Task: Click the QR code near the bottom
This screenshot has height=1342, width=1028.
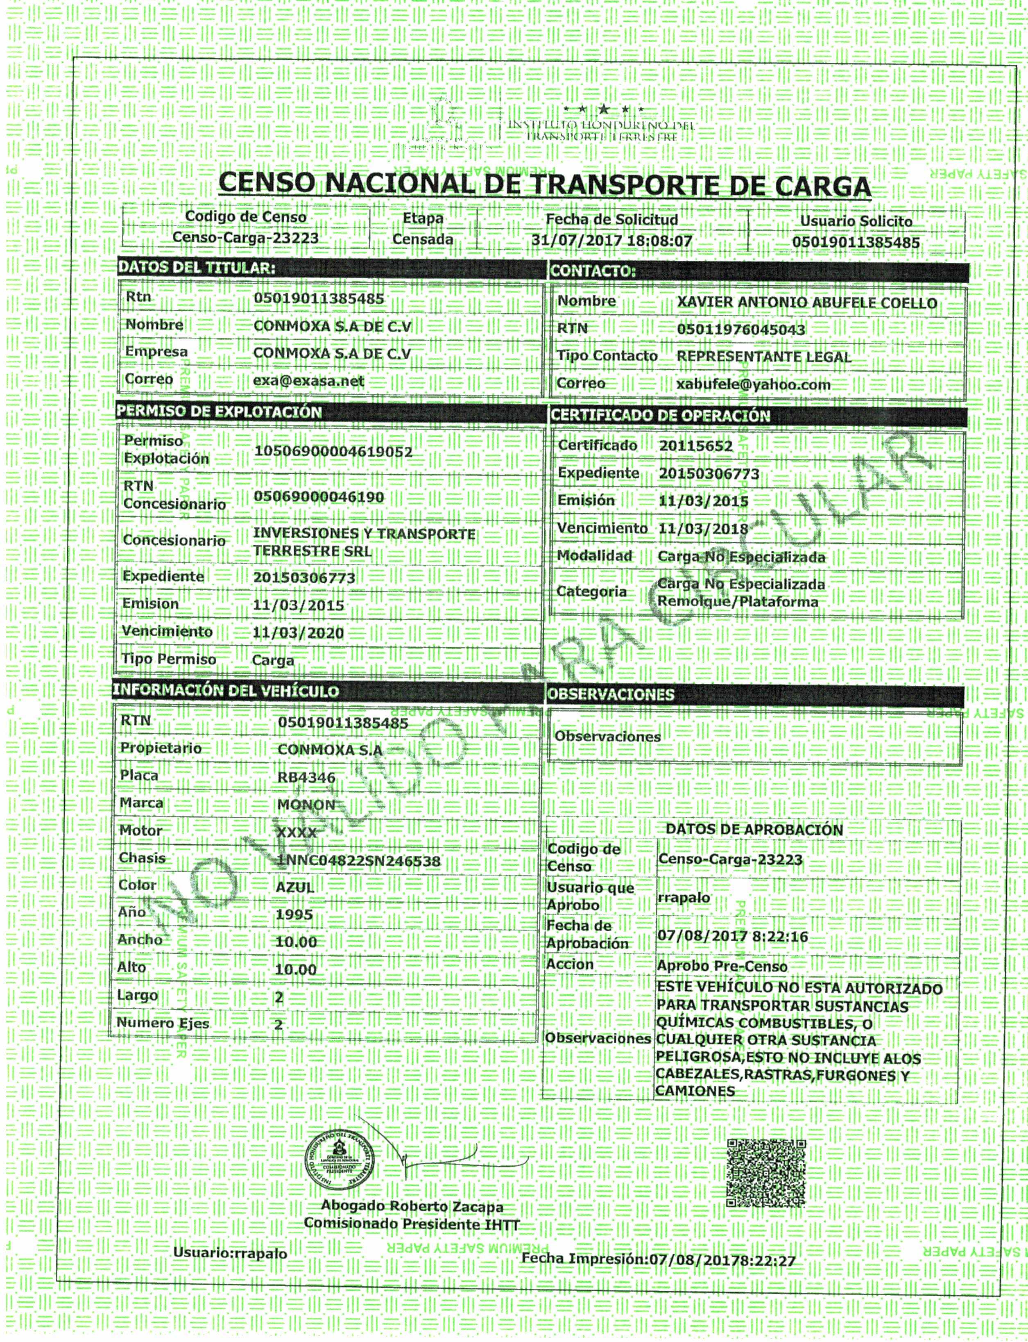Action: pos(765,1172)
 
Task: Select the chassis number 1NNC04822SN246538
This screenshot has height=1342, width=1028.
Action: pos(359,861)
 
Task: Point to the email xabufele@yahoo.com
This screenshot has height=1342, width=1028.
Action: pos(753,384)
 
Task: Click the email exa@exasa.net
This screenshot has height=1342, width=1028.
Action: pos(308,381)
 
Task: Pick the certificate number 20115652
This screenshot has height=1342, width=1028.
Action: pos(696,446)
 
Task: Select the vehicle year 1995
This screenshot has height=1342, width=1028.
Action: pos(294,914)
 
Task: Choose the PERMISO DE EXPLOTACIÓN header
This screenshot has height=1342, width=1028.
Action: pos(219,412)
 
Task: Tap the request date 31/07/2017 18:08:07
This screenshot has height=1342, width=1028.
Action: pos(611,241)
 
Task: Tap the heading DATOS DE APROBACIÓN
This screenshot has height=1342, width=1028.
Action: pos(754,830)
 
